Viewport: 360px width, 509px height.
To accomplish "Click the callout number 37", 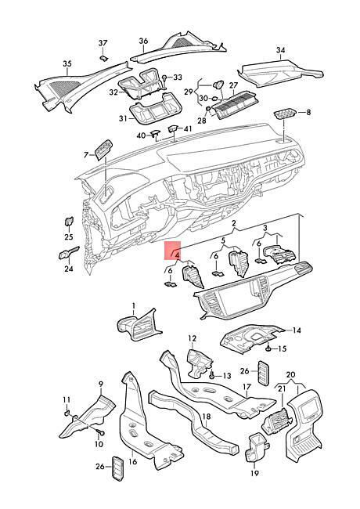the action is tap(103, 43).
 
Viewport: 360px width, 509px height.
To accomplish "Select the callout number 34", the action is tap(280, 50).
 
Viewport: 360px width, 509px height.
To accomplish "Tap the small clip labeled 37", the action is tap(103, 59).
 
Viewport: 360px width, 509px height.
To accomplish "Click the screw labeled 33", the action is tap(165, 78).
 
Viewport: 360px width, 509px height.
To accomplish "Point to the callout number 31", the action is tap(123, 119).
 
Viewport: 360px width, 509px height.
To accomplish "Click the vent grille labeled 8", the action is tap(284, 115).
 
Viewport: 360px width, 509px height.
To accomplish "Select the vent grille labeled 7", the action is tap(103, 150).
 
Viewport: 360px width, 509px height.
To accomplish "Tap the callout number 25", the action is tap(69, 236).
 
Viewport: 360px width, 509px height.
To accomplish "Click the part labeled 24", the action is tap(68, 253).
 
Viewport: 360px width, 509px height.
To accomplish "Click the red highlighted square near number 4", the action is tap(173, 251).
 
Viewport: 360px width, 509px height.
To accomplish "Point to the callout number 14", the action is tap(297, 330).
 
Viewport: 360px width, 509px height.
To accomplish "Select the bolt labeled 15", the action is tap(269, 348).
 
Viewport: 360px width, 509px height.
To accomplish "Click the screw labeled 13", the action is tap(212, 376).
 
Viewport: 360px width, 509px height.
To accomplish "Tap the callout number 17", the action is tap(247, 387).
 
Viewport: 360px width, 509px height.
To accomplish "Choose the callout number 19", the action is tap(255, 473).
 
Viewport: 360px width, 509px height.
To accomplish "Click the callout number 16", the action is tap(133, 461).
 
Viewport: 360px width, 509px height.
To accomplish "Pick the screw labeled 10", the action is tap(100, 432).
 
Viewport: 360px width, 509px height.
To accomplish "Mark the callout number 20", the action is tap(291, 374).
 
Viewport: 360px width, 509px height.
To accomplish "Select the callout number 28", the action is tap(202, 121).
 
